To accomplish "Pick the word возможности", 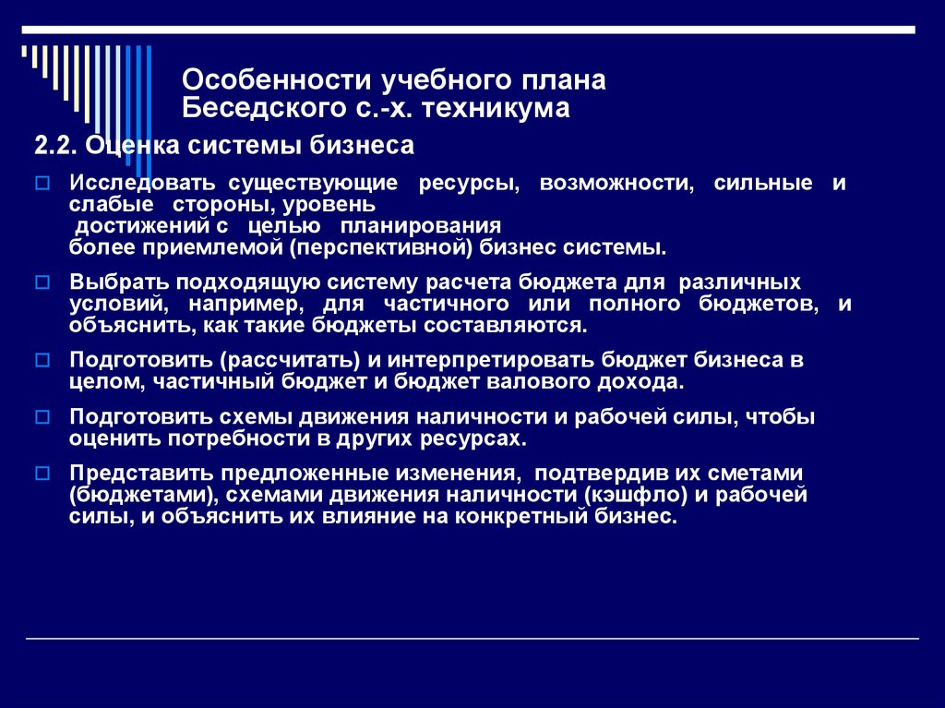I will click(x=616, y=183).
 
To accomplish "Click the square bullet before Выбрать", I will click(x=42, y=282).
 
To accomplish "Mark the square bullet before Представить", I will click(x=42, y=474).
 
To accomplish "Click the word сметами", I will click(x=756, y=473).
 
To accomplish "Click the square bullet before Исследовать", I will click(x=42, y=184).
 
